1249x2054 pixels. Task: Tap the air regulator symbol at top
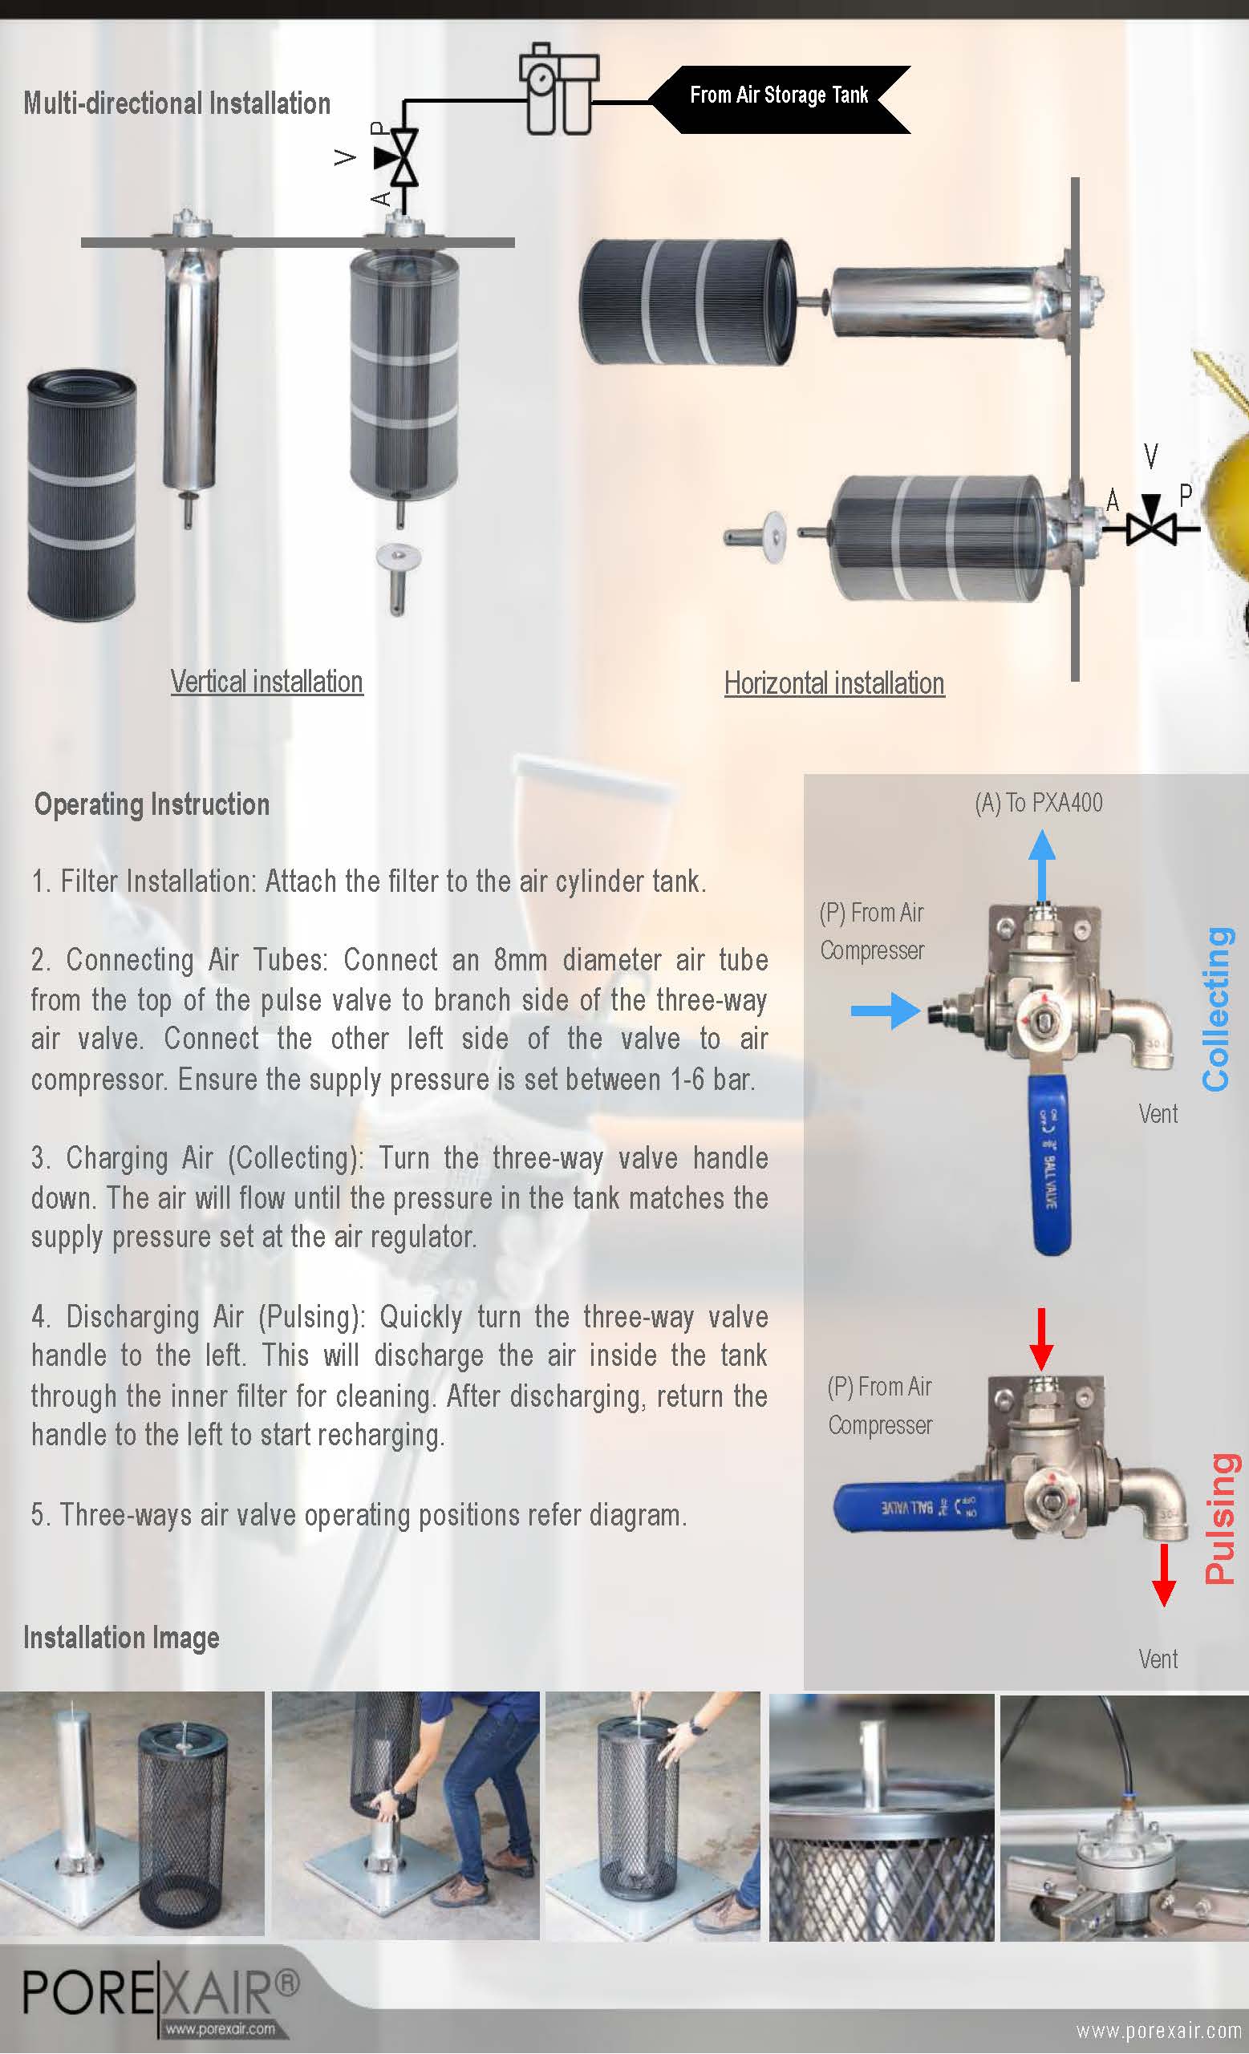pyautogui.click(x=558, y=91)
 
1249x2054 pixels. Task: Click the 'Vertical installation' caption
pyautogui.click(x=267, y=682)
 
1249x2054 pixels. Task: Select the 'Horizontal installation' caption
pyautogui.click(x=833, y=683)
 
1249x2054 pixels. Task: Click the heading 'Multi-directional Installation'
pyautogui.click(x=176, y=103)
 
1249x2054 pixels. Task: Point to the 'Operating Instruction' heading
pyautogui.click(x=152, y=804)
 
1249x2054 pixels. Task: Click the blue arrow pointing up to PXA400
pyautogui.click(x=1041, y=867)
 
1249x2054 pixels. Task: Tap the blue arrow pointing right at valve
pyautogui.click(x=885, y=1011)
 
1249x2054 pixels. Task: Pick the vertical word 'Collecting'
pyautogui.click(x=1218, y=1009)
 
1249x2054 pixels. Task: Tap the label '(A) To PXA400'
pyautogui.click(x=1038, y=803)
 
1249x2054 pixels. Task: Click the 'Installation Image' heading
pyautogui.click(x=122, y=1638)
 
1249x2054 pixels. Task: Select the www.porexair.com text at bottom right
pyautogui.click(x=1158, y=2031)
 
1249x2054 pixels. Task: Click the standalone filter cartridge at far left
pyautogui.click(x=81, y=496)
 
